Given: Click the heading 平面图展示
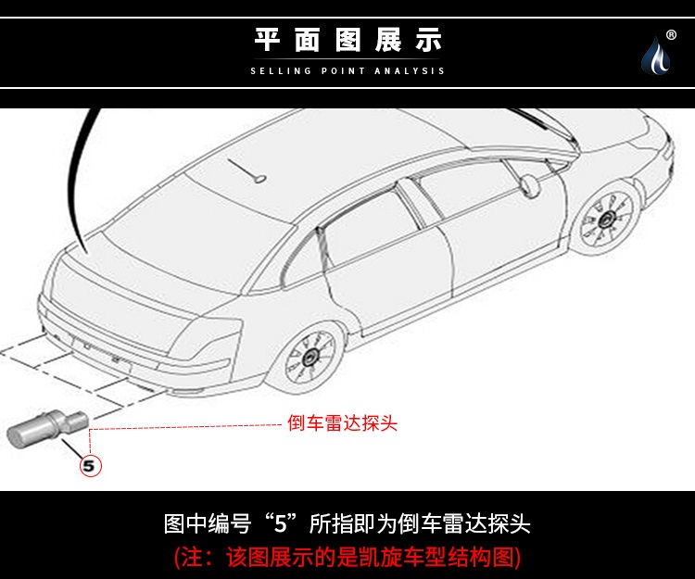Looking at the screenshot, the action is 347,40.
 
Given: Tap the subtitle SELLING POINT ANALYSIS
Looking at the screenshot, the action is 347,71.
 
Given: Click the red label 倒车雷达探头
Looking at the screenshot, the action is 342,423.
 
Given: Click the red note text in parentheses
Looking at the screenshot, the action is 347,557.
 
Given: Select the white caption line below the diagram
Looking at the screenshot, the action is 347,523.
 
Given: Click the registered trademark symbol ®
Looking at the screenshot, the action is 671,22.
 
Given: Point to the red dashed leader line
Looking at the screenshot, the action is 185,426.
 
